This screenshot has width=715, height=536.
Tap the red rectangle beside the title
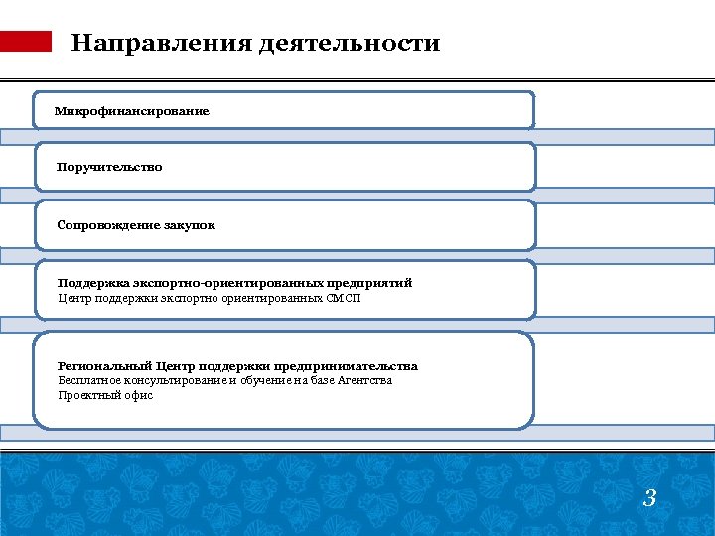coord(26,41)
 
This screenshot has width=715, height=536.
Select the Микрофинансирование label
coord(132,111)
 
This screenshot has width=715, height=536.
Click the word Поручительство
coord(109,167)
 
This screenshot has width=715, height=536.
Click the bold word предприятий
coord(366,283)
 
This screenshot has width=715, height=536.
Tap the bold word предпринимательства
coord(352,366)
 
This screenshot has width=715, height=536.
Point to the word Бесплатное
coord(86,380)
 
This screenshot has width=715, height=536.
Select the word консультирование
coord(174,380)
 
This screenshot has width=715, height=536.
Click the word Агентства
coord(364,380)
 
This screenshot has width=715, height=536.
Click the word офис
coord(139,395)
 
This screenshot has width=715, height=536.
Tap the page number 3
coord(649,498)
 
